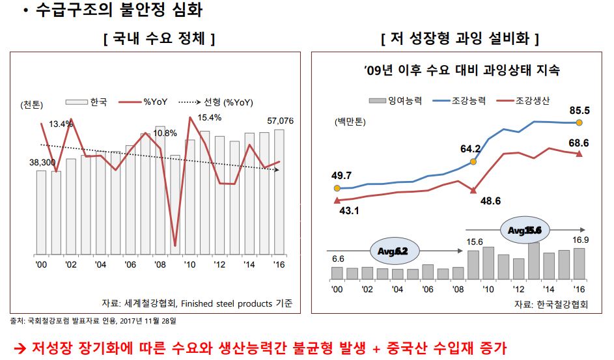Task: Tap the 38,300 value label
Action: click(x=44, y=161)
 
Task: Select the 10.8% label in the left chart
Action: click(x=165, y=133)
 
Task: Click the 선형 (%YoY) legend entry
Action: click(x=228, y=102)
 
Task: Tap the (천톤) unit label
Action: click(x=32, y=105)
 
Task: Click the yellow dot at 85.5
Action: click(x=579, y=122)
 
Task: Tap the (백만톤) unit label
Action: click(x=351, y=122)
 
